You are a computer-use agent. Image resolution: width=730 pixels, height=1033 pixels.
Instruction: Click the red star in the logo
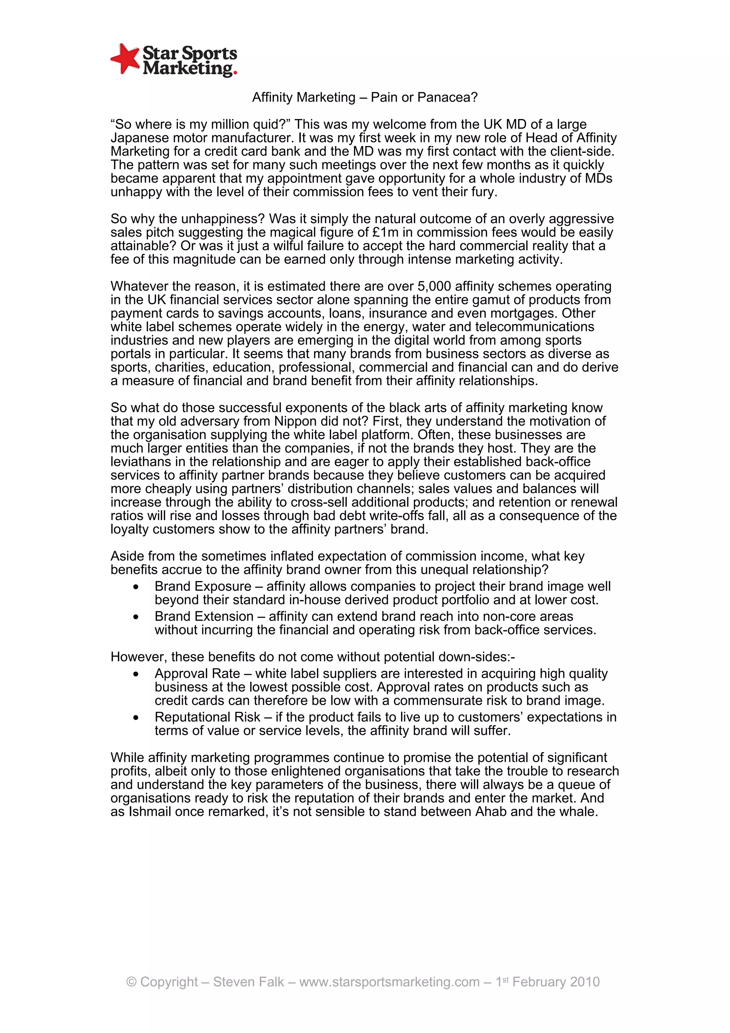[125, 58]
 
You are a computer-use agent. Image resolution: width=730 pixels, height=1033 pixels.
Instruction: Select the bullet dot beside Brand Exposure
[136, 587]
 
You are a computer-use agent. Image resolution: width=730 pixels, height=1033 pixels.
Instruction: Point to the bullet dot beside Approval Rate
[136, 674]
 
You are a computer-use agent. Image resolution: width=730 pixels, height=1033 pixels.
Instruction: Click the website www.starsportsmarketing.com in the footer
[389, 982]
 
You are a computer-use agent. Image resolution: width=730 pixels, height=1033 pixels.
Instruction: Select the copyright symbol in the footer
[131, 982]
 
